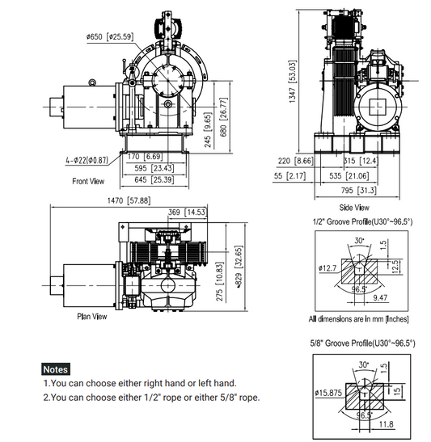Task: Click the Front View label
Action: [x=89, y=180]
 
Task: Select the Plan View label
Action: [x=91, y=317]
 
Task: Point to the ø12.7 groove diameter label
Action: [x=328, y=267]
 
